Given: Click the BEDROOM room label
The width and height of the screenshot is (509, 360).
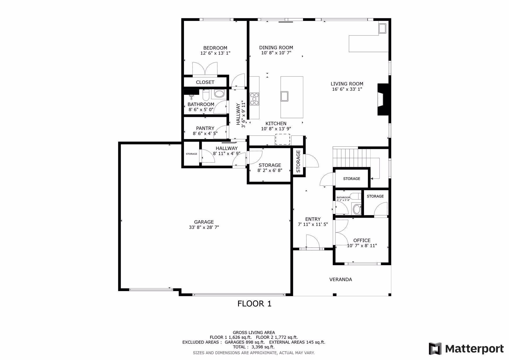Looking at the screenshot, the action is (215, 48).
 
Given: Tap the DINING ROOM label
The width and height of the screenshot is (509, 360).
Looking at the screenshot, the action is (276, 48).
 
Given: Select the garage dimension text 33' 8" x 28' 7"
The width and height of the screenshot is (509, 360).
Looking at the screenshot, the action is (204, 227).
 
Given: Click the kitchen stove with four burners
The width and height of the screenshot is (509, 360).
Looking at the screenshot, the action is (254, 99).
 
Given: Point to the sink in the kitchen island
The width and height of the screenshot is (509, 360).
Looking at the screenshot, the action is (285, 96).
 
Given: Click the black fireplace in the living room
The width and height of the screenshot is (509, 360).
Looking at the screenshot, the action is (383, 99).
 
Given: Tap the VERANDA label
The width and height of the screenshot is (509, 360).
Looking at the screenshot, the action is (341, 279).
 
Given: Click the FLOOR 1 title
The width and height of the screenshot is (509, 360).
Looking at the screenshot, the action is (254, 304).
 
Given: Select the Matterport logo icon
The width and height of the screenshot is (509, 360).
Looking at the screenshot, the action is (435, 349).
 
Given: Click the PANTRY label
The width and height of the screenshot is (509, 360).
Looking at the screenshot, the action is (205, 128).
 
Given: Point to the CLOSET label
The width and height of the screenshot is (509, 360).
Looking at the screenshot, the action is (205, 82).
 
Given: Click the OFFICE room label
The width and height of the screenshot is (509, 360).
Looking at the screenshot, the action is (362, 240).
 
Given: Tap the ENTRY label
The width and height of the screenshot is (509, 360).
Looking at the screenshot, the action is (313, 219).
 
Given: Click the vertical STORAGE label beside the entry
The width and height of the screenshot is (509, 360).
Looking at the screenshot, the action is (298, 161).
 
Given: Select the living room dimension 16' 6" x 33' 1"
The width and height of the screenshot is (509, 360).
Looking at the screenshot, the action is (347, 89).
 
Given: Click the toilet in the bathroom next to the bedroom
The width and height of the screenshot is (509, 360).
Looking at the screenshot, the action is (206, 94).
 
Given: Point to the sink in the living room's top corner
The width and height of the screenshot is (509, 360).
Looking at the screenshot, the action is (382, 28).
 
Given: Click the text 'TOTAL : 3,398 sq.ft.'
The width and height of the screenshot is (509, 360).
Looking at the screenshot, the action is (254, 347).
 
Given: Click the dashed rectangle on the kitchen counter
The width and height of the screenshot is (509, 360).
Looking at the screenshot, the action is (283, 139).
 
